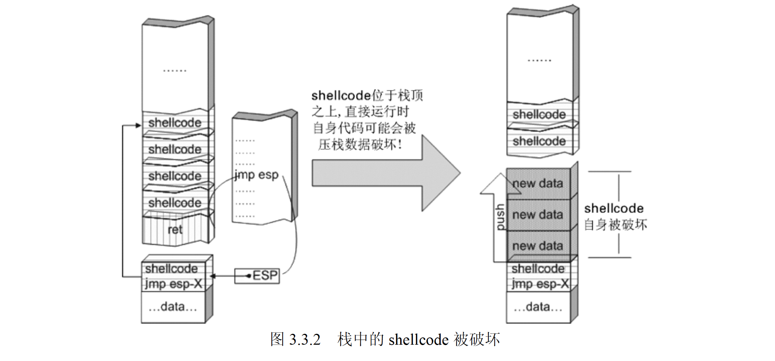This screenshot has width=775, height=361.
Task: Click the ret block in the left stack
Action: (x=175, y=229)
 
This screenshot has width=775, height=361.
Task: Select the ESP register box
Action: (x=257, y=276)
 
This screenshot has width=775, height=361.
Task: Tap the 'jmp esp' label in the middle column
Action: (x=256, y=175)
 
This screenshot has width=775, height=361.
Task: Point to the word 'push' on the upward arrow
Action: (x=500, y=217)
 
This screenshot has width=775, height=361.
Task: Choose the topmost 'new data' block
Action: (x=538, y=183)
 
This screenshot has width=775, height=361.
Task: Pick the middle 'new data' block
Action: (x=538, y=215)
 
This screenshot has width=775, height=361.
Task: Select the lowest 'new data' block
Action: (x=538, y=246)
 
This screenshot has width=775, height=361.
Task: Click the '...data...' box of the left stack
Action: (x=173, y=307)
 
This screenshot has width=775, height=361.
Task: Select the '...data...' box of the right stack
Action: (x=538, y=307)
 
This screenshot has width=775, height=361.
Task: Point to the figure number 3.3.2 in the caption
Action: (x=305, y=340)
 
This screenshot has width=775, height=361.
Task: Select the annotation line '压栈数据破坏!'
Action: (x=360, y=145)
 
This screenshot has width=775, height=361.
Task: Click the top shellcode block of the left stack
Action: (x=175, y=123)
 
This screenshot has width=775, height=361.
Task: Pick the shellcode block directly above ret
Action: (x=175, y=203)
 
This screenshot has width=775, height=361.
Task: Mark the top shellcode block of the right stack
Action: (x=539, y=115)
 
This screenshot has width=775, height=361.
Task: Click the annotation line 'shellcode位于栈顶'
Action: (x=367, y=96)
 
